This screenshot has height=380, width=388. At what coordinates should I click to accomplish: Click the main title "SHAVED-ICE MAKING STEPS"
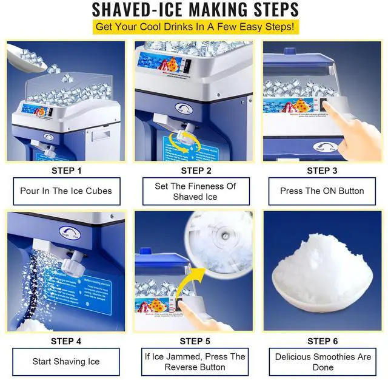195,10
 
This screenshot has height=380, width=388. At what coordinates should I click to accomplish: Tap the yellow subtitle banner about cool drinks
194,28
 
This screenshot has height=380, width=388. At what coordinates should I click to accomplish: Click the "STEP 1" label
66,171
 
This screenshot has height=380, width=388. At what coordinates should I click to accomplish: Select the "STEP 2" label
196,171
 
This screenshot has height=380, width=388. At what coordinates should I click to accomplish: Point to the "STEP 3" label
322,171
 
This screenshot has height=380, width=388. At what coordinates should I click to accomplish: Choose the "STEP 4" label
66,341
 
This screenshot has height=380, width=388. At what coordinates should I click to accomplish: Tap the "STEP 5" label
195,341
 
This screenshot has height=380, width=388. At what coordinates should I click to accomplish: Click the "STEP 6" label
322,341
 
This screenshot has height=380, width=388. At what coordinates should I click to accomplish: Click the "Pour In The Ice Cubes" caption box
66,191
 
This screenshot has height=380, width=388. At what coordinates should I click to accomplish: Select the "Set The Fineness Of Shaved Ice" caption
196,191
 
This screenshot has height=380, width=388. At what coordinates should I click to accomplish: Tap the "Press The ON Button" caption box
322,191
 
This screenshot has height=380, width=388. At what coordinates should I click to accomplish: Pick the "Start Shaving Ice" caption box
66,362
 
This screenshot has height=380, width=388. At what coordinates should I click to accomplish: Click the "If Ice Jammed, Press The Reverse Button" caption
195,362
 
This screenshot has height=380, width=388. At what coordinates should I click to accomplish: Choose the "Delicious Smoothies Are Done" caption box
323,362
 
